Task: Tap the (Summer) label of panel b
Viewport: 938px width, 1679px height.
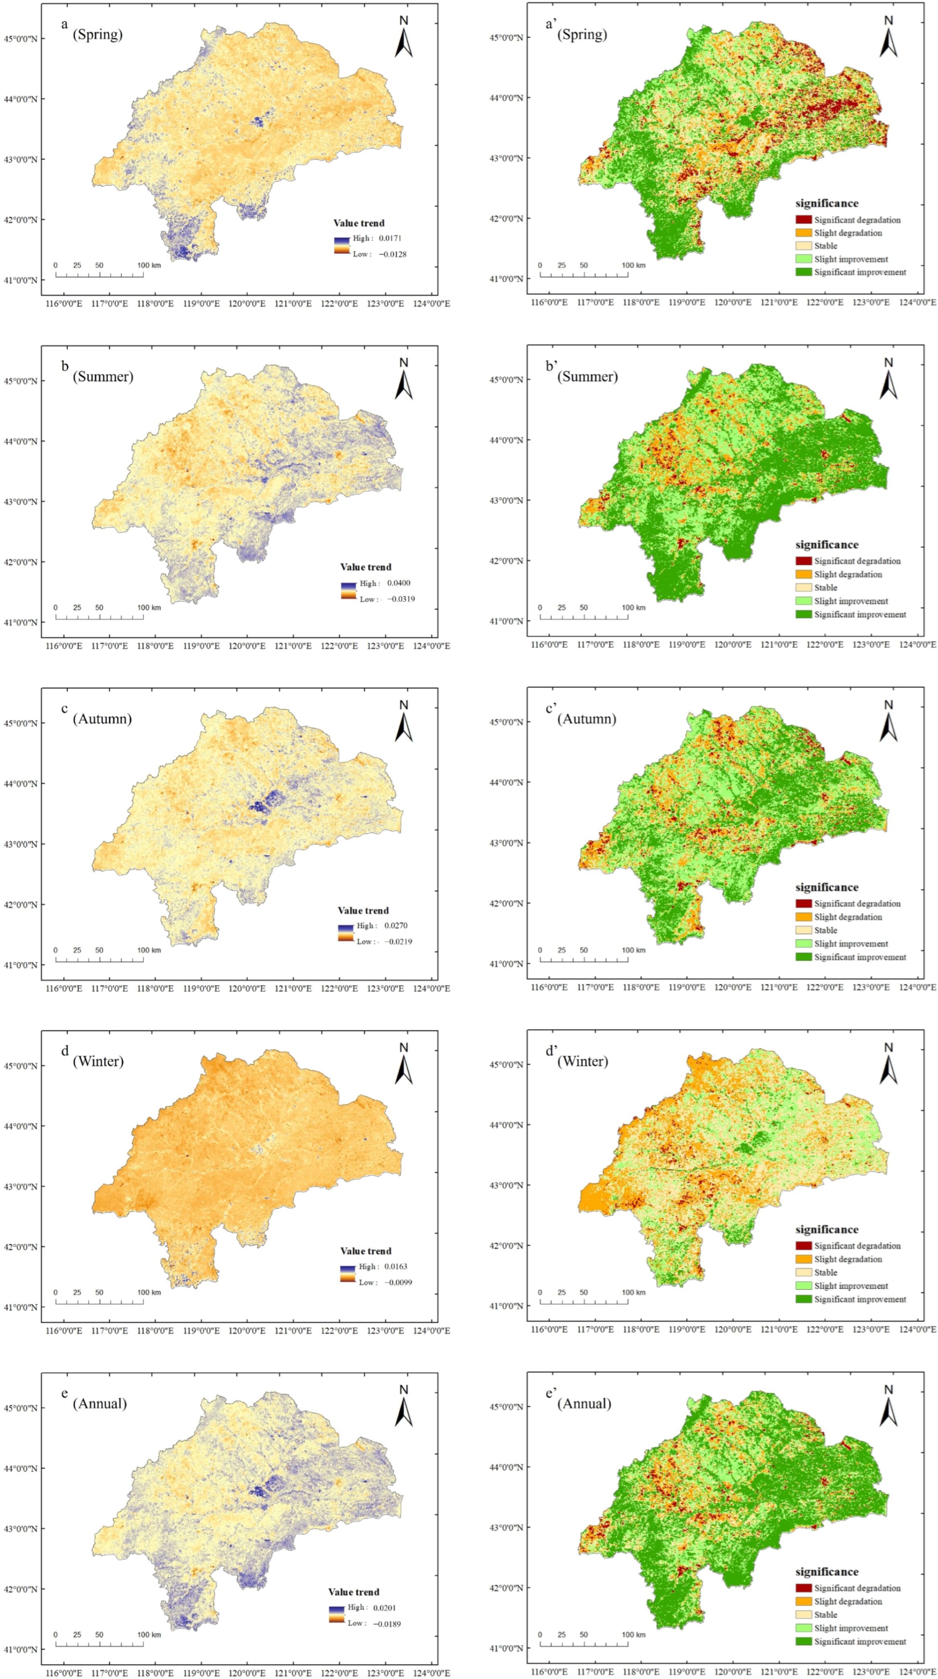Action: [103, 377]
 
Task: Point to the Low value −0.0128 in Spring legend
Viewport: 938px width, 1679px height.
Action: [392, 254]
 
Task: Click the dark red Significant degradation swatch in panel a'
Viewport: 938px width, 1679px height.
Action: [803, 220]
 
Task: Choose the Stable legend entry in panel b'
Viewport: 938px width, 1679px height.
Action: [825, 587]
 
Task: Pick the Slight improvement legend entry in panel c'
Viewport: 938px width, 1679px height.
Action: [851, 943]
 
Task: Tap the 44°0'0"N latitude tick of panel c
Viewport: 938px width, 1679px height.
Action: [21, 783]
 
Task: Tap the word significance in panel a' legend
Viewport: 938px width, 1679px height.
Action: [827, 203]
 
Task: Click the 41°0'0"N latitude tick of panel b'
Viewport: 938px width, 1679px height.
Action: [506, 621]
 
